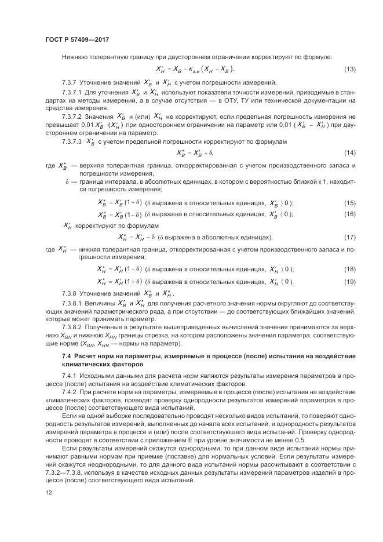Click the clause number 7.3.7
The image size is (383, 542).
69,82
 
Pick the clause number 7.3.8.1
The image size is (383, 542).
72,303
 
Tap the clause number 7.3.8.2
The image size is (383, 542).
72,327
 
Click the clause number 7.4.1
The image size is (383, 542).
69,376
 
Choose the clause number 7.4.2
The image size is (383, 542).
69,392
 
